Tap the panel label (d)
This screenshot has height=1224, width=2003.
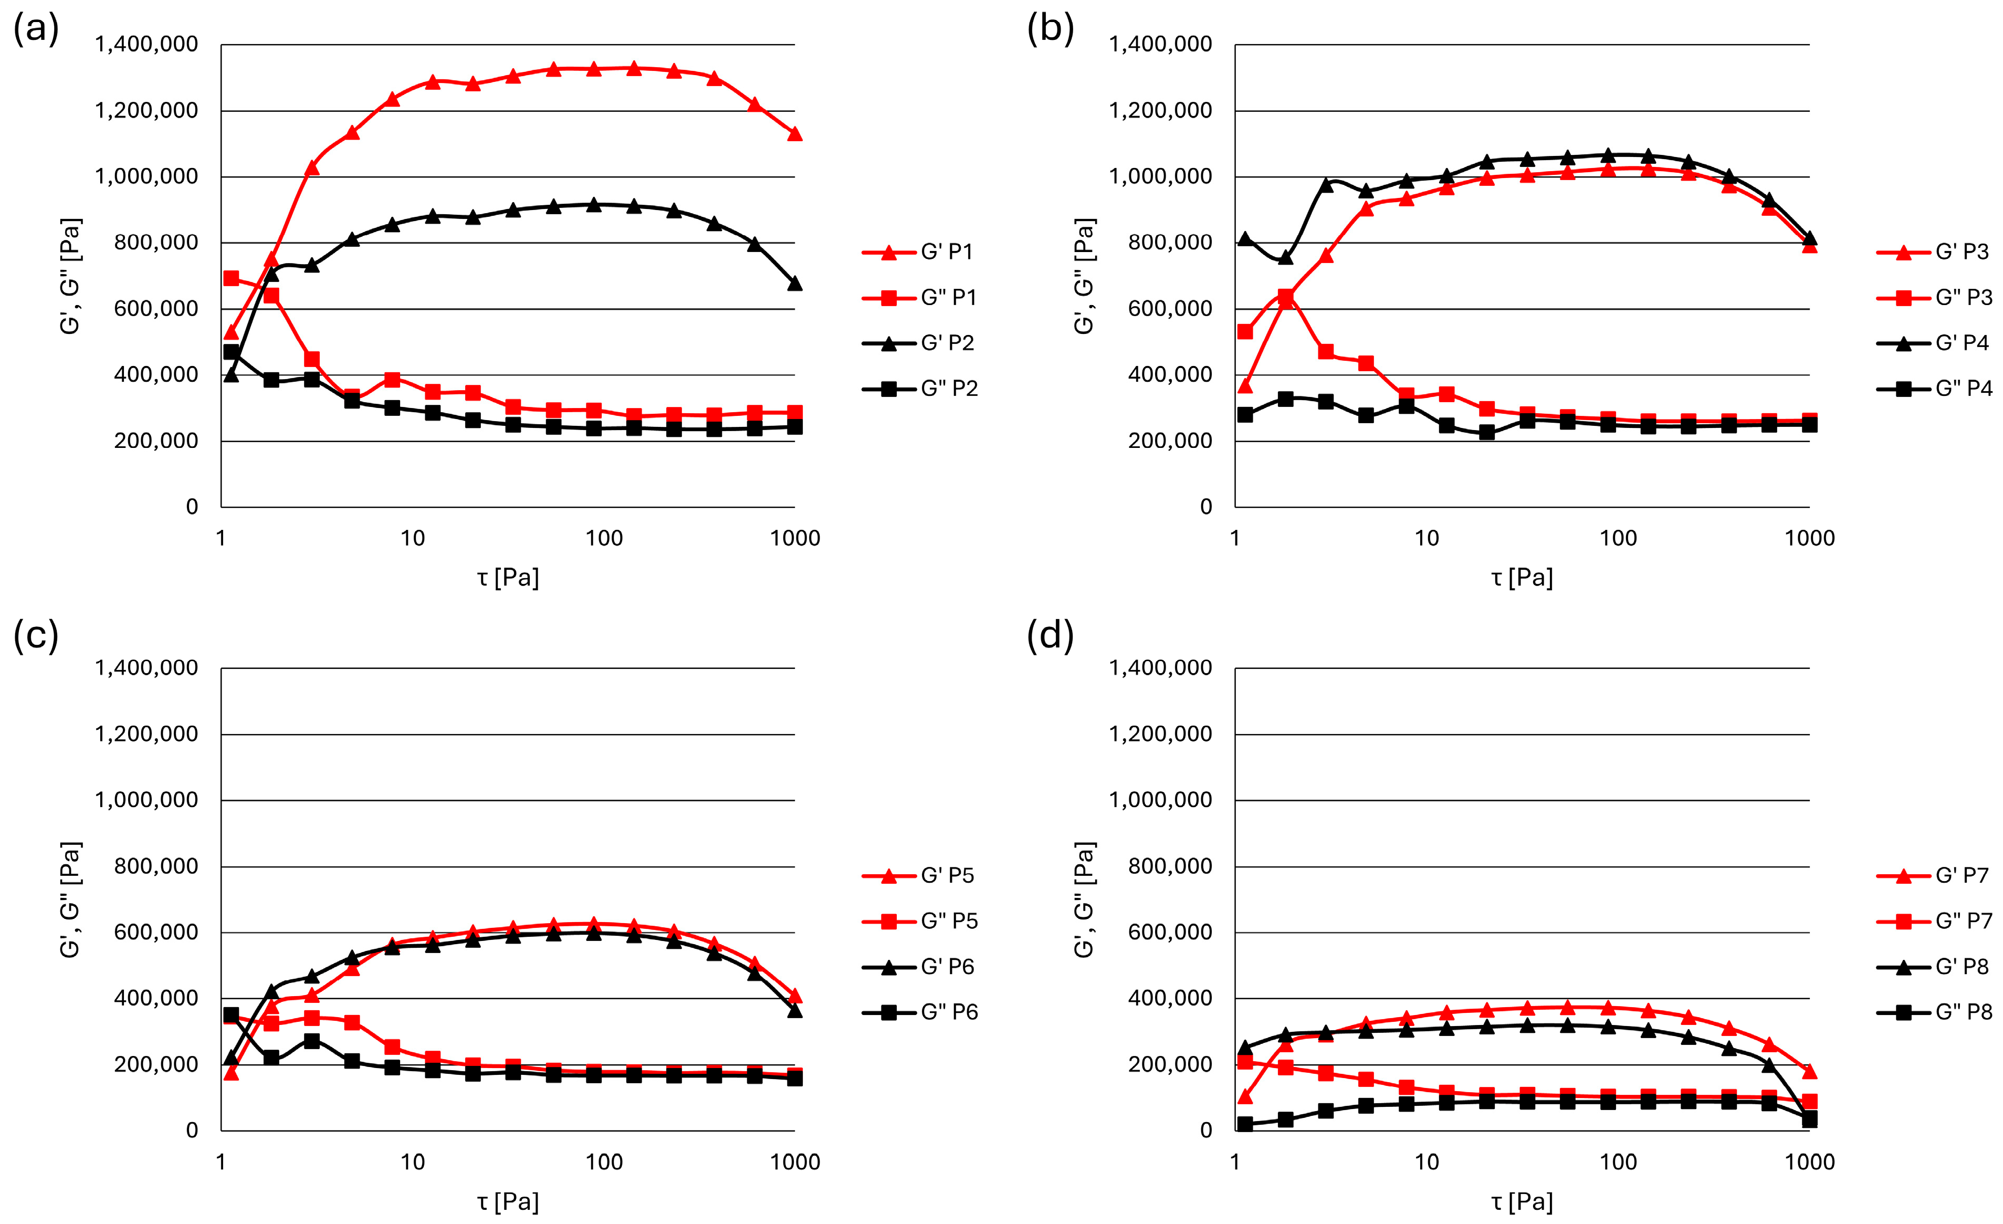click(x=1050, y=635)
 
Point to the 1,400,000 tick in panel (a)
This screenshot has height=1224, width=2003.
click(x=146, y=44)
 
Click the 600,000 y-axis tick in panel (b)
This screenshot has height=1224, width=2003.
click(x=1169, y=309)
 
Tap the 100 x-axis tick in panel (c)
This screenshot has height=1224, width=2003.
click(x=604, y=1162)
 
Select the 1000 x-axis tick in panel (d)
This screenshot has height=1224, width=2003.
click(x=1810, y=1162)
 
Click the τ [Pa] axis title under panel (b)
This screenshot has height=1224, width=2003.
click(x=1522, y=578)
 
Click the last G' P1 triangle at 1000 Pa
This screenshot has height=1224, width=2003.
click(x=795, y=134)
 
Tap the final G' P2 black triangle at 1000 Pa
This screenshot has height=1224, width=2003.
click(x=795, y=284)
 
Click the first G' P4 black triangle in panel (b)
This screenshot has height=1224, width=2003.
click(x=1244, y=239)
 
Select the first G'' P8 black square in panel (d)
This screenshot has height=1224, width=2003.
click(x=1244, y=1124)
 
